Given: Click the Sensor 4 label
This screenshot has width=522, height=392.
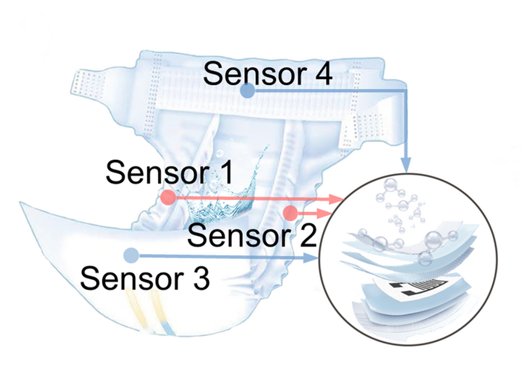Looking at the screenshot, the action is (x=268, y=72).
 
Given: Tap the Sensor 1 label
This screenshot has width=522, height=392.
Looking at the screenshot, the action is (x=169, y=172).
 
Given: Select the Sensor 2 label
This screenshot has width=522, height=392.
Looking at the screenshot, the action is (x=252, y=235).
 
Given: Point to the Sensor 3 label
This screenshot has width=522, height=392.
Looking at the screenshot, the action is (x=145, y=278).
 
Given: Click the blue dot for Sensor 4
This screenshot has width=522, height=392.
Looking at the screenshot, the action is (x=248, y=90).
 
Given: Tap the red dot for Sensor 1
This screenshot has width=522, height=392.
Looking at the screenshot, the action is (x=168, y=197).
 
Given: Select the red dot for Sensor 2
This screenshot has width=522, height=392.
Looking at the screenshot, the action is (x=290, y=213).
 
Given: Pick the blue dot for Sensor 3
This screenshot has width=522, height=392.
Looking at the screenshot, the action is (x=130, y=255).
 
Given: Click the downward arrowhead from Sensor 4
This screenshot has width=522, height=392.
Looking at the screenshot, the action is (x=405, y=165).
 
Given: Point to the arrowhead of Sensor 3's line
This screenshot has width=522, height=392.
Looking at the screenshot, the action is (x=310, y=258).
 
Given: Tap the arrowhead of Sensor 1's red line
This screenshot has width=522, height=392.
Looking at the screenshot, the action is (x=336, y=199).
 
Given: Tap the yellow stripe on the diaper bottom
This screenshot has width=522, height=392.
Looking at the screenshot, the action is (x=140, y=310).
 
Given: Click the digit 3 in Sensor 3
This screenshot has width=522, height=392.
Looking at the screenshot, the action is (x=201, y=279).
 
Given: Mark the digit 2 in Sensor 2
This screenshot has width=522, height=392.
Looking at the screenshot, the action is (x=307, y=234).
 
